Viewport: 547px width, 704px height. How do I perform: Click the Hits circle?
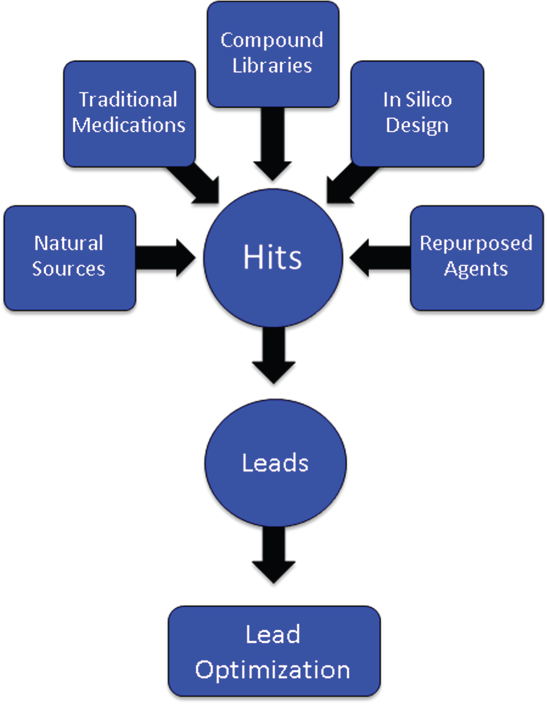coord(273,258)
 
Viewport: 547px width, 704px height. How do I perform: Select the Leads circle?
coord(275,463)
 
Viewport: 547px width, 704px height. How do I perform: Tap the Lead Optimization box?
coord(274,651)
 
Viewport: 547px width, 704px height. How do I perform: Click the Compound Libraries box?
coord(273,54)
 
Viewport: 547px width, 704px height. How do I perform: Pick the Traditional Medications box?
coord(129,113)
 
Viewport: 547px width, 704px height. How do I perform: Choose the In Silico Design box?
coord(417,113)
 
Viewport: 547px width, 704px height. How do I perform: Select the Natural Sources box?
coord(70,258)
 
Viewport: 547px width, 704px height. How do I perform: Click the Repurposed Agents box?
coord(477,258)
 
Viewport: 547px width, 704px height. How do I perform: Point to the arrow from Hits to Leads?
coord(273,355)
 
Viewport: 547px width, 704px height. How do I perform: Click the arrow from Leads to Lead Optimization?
coord(273,555)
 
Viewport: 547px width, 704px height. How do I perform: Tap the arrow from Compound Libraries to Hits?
coord(273,144)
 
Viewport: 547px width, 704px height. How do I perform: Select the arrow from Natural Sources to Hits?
coord(166,258)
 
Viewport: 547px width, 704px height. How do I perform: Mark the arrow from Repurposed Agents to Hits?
coord(380,258)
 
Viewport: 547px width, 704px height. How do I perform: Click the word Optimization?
coord(273,670)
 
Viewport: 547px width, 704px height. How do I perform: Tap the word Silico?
coord(429,100)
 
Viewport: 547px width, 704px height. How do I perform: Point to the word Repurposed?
coord(476,244)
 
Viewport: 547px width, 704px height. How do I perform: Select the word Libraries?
coord(272,65)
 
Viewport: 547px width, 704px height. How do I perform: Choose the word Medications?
coord(129,125)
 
